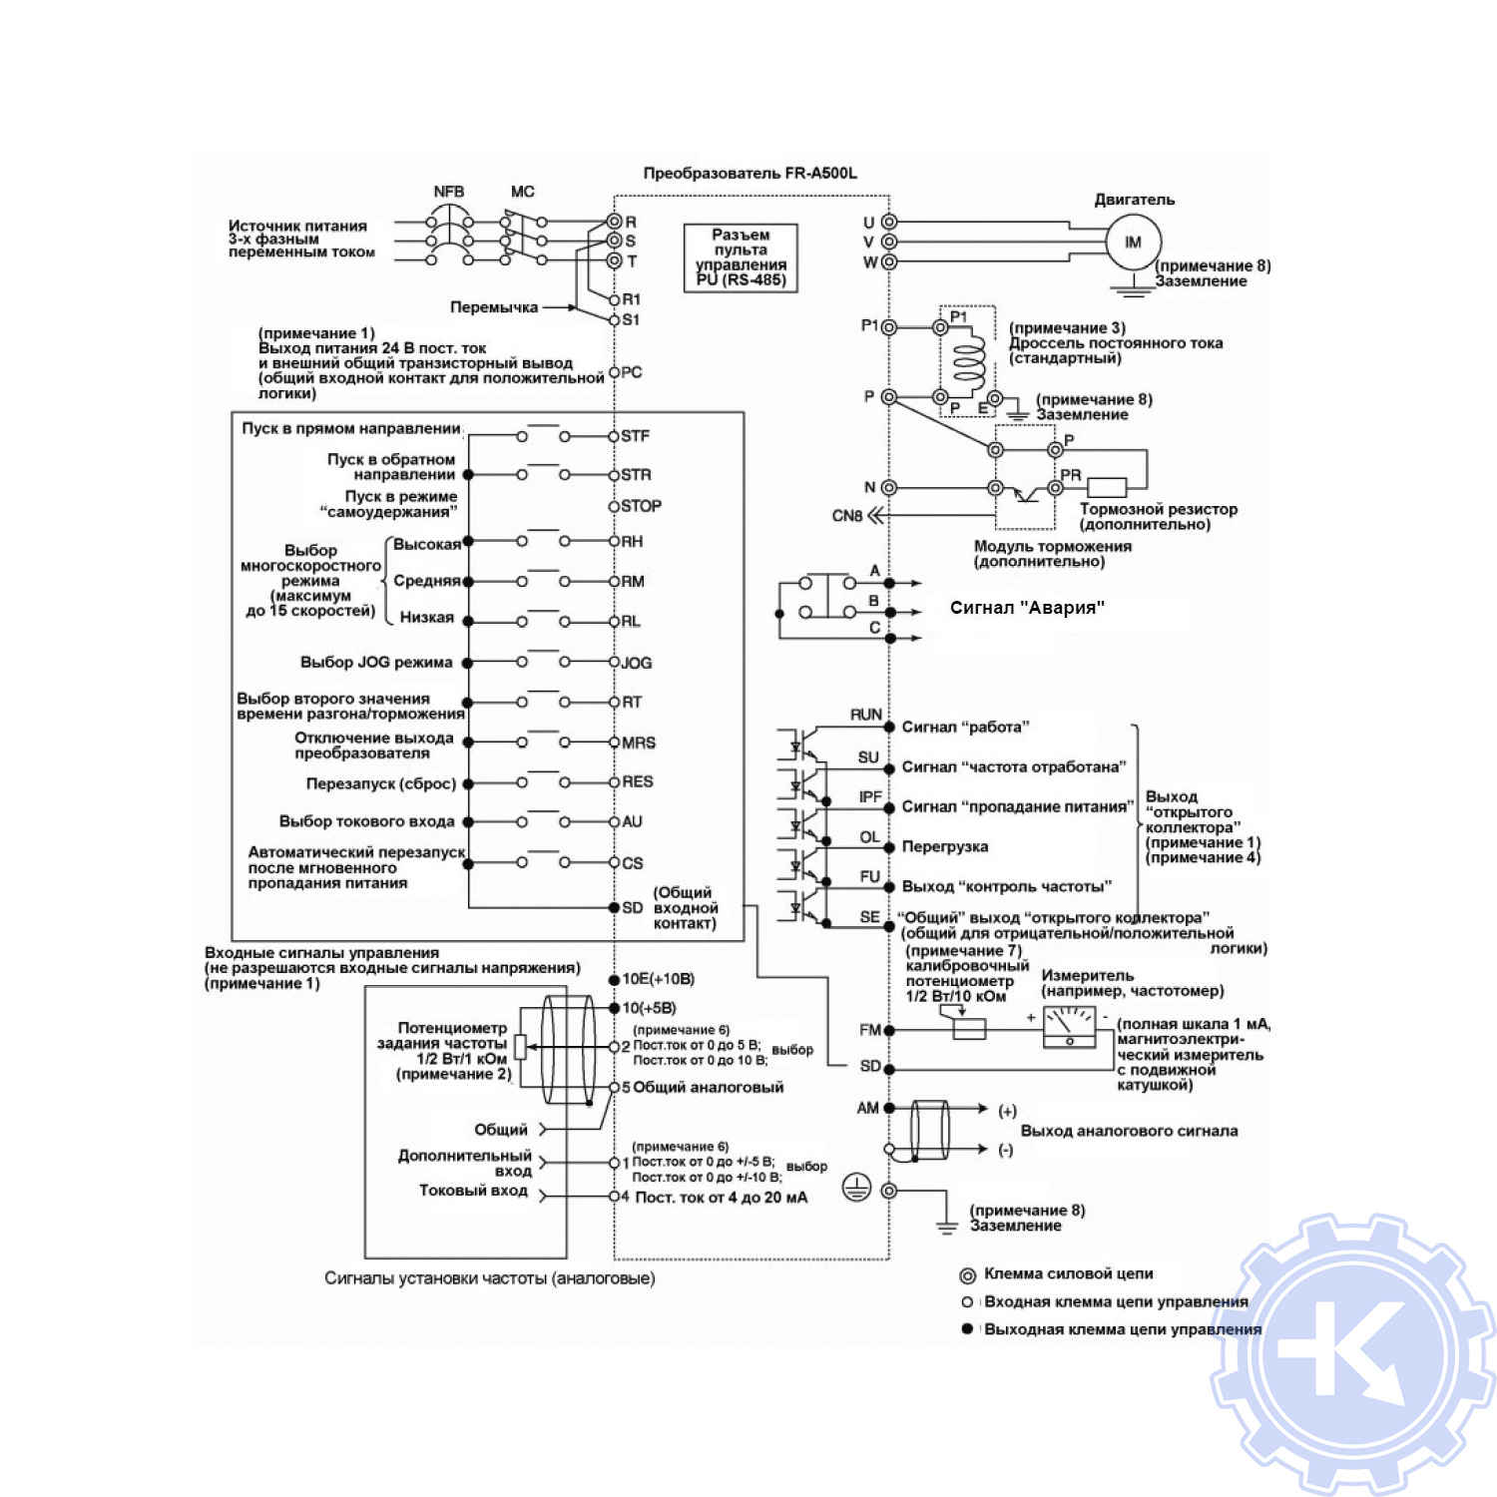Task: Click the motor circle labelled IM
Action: coord(1133,243)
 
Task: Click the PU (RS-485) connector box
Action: coord(741,257)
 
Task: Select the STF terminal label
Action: coord(636,436)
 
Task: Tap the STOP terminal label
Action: coord(641,506)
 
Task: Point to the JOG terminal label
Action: coord(637,663)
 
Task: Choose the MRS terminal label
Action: coord(639,743)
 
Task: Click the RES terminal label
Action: coord(638,781)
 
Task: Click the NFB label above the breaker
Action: coord(449,192)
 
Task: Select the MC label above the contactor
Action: coord(522,192)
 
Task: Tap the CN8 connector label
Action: coord(846,516)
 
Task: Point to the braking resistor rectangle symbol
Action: coord(1106,487)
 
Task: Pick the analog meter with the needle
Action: coord(1069,1027)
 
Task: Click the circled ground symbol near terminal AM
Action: coord(857,1188)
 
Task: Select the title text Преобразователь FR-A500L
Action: coord(749,173)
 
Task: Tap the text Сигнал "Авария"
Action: coord(1027,608)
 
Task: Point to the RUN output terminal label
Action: coord(865,715)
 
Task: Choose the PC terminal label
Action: coord(632,372)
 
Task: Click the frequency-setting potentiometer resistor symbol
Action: coord(520,1046)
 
